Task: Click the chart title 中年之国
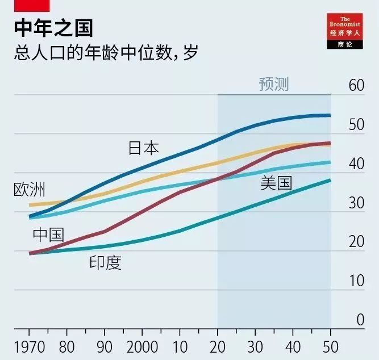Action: pyautogui.click(x=53, y=28)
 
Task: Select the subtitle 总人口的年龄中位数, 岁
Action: pyautogui.click(x=105, y=54)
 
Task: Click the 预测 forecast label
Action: pyautogui.click(x=273, y=85)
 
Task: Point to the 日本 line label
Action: pyautogui.click(x=143, y=148)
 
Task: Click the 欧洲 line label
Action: pyautogui.click(x=29, y=190)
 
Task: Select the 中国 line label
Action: pyautogui.click(x=48, y=234)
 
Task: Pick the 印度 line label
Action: pyautogui.click(x=106, y=262)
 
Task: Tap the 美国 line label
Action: pyautogui.click(x=276, y=183)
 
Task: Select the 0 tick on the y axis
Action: pyautogui.click(x=360, y=320)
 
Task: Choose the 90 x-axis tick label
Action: pyautogui.click(x=104, y=347)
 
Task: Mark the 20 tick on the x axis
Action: pyautogui.click(x=217, y=347)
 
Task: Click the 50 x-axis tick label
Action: pyautogui.click(x=330, y=347)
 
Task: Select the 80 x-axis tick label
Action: pyautogui.click(x=66, y=347)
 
